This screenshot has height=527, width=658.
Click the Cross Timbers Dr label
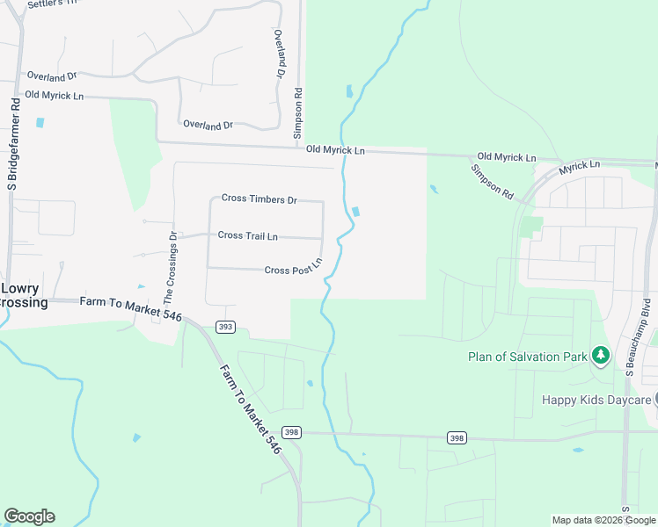(x=260, y=199)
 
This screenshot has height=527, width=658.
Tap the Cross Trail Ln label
(x=248, y=235)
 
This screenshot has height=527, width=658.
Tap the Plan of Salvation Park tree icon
(x=601, y=356)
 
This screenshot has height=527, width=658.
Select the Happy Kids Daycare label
(x=596, y=400)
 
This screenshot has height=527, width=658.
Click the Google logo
(x=29, y=516)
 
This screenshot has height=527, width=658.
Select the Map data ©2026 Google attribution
(x=603, y=520)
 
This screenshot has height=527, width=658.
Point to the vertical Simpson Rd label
(x=298, y=114)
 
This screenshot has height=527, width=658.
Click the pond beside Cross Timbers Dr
(x=355, y=212)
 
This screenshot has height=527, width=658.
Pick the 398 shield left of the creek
(x=292, y=432)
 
